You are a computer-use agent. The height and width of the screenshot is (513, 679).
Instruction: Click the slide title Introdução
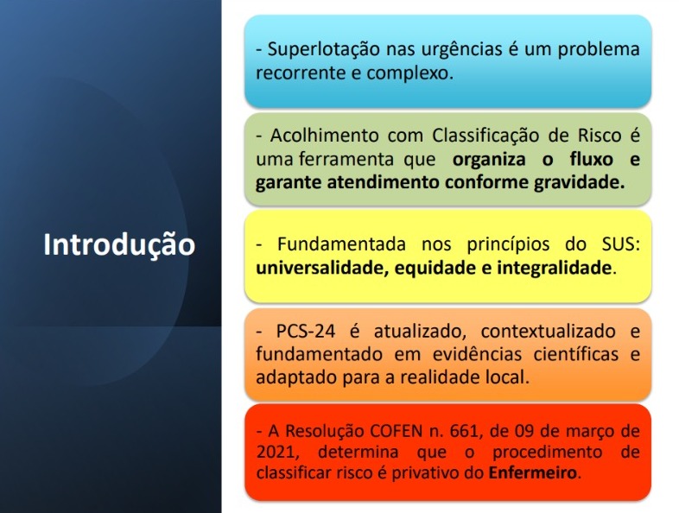pos(119,245)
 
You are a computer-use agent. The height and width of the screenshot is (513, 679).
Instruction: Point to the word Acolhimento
pos(324,136)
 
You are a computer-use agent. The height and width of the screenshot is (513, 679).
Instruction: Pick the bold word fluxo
pos(592,159)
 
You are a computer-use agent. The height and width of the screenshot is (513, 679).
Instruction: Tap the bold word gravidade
pos(579,183)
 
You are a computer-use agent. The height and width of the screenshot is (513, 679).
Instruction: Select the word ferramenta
pos(346,159)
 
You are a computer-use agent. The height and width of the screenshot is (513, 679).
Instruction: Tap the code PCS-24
pos(306,331)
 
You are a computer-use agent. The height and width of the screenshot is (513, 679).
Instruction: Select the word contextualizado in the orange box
pos(548,331)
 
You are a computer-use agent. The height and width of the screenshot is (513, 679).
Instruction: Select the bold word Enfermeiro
pos(533,472)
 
